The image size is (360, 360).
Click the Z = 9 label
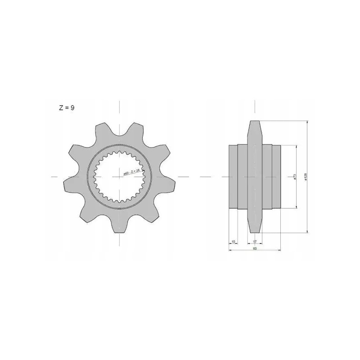click(x=66, y=108)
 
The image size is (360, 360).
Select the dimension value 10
click(x=233, y=242)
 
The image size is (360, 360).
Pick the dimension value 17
click(x=255, y=242)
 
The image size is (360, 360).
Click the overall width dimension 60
click(x=255, y=248)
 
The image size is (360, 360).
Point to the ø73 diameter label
click(x=294, y=177)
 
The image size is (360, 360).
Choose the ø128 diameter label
click(x=306, y=177)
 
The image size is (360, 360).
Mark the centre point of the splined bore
click(x=120, y=177)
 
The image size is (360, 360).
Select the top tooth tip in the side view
click(x=255, y=122)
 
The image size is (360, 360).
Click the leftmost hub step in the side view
click(x=233, y=177)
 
